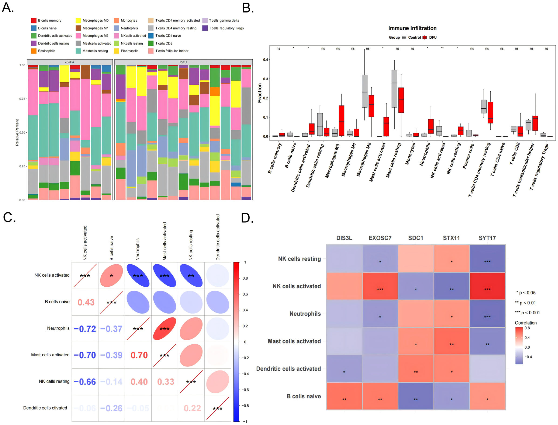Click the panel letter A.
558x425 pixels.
click(x=8, y=8)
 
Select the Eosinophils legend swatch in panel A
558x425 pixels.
click(x=34, y=51)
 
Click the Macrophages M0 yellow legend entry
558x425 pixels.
click(x=78, y=20)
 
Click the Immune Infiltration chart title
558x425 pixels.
click(x=412, y=28)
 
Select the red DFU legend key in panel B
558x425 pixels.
click(x=425, y=37)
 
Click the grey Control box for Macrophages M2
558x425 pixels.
click(x=365, y=91)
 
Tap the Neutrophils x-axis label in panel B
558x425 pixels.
click(x=425, y=154)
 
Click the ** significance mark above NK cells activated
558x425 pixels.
click(x=442, y=48)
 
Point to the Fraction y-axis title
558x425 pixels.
click(x=259, y=93)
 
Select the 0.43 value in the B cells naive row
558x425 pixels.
click(x=86, y=302)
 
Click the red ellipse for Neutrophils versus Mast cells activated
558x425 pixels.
click(x=164, y=329)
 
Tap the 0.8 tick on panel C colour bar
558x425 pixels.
click(x=245, y=278)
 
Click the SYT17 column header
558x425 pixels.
click(x=487, y=238)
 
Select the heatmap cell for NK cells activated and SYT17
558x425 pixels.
click(x=487, y=286)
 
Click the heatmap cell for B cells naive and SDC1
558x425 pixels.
click(x=416, y=396)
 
